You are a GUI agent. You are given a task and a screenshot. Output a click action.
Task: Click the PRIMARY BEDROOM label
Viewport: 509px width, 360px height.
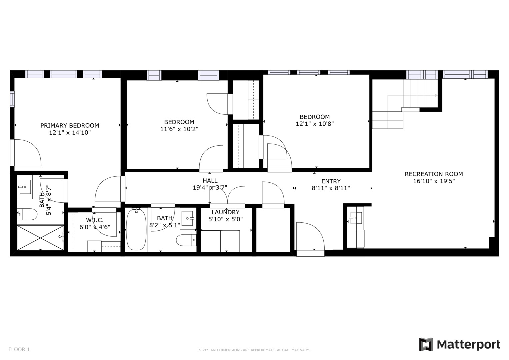point(70,126)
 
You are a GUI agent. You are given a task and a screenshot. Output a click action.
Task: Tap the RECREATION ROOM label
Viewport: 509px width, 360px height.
point(434,174)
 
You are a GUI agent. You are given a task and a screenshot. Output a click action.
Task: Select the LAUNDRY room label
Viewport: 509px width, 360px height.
point(225,212)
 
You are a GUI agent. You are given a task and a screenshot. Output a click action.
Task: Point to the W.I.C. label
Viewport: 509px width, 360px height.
point(95,220)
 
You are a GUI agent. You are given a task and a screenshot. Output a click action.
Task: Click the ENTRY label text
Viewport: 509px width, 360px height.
point(331,181)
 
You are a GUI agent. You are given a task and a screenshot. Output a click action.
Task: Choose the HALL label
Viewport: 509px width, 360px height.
point(210,181)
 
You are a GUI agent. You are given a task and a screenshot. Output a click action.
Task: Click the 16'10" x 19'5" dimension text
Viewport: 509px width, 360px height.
point(434,181)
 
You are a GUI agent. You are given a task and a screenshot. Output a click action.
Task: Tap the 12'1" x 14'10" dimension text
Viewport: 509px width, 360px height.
point(70,133)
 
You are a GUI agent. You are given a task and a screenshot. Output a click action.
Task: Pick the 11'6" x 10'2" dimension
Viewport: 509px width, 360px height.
point(179,129)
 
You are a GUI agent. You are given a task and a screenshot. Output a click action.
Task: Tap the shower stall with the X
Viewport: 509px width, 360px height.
point(40,237)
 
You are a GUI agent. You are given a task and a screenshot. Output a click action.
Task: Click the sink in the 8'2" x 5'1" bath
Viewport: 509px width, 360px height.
point(187,218)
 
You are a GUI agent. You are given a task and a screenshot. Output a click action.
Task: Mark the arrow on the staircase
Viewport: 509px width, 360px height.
point(436,95)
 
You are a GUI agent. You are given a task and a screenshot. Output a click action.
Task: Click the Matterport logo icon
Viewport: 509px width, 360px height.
point(426,344)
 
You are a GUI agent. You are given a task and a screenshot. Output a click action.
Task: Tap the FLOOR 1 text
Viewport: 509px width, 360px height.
point(19,349)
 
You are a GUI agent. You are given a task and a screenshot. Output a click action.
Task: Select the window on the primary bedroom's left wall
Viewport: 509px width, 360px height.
point(12,99)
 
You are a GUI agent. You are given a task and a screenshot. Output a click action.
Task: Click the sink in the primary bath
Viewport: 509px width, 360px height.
point(25,187)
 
